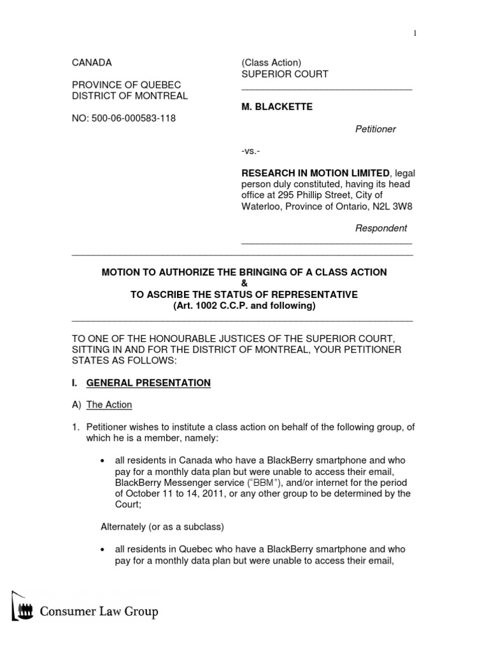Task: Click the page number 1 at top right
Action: click(415, 34)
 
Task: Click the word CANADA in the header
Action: click(92, 62)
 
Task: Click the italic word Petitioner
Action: click(375, 129)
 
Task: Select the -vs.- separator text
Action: click(251, 151)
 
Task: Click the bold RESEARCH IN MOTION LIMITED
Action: click(315, 173)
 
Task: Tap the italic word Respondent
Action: click(380, 228)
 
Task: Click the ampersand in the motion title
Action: click(244, 283)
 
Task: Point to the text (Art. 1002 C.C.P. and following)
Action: click(244, 306)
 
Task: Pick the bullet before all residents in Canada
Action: click(103, 460)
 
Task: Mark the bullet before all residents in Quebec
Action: click(103, 549)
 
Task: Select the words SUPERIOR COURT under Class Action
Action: click(285, 74)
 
